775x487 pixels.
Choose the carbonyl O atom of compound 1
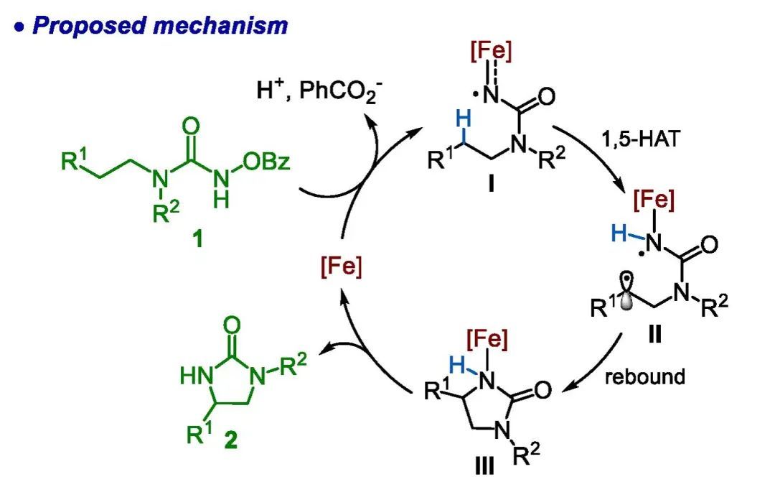[x=191, y=128]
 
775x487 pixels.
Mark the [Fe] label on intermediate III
[x=488, y=339]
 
